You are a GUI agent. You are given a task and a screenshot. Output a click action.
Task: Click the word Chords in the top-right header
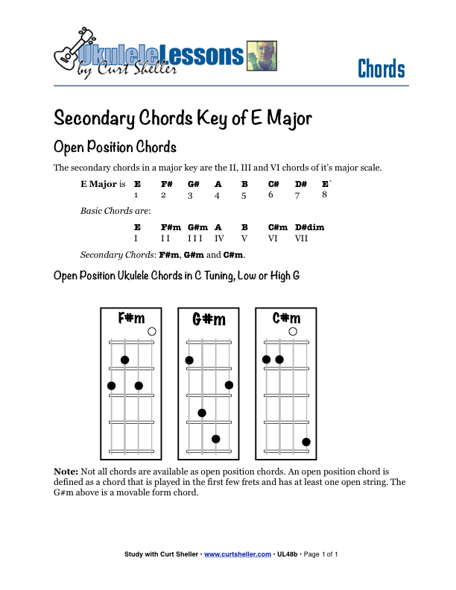pyautogui.click(x=381, y=69)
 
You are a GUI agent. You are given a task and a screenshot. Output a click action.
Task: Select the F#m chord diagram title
pyautogui.click(x=131, y=319)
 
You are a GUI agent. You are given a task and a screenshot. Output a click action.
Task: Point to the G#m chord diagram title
pyautogui.click(x=209, y=320)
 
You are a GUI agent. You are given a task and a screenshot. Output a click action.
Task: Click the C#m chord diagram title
pyautogui.click(x=286, y=318)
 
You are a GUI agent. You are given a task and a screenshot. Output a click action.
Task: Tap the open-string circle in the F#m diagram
pyautogui.click(x=152, y=332)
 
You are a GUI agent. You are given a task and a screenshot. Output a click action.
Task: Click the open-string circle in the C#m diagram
pyautogui.click(x=293, y=332)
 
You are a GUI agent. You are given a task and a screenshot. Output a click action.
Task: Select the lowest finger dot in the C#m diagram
pyautogui.click(x=306, y=442)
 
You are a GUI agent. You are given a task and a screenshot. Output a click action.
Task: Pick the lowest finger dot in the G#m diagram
pyautogui.click(x=215, y=439)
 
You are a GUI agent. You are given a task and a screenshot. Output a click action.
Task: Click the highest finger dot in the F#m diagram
pyautogui.click(x=124, y=360)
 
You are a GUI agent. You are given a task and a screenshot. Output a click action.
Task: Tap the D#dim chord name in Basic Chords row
pyautogui.click(x=309, y=227)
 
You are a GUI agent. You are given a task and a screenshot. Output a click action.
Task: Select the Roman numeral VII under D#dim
pyautogui.click(x=302, y=238)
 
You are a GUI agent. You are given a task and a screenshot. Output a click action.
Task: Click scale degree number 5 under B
pyautogui.click(x=244, y=196)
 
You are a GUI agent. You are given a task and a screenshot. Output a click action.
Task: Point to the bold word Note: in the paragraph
pyautogui.click(x=66, y=472)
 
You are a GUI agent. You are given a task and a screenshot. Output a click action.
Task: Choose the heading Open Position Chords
pyautogui.click(x=115, y=146)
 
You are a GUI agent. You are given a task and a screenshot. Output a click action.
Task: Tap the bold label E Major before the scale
pyautogui.click(x=98, y=184)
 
